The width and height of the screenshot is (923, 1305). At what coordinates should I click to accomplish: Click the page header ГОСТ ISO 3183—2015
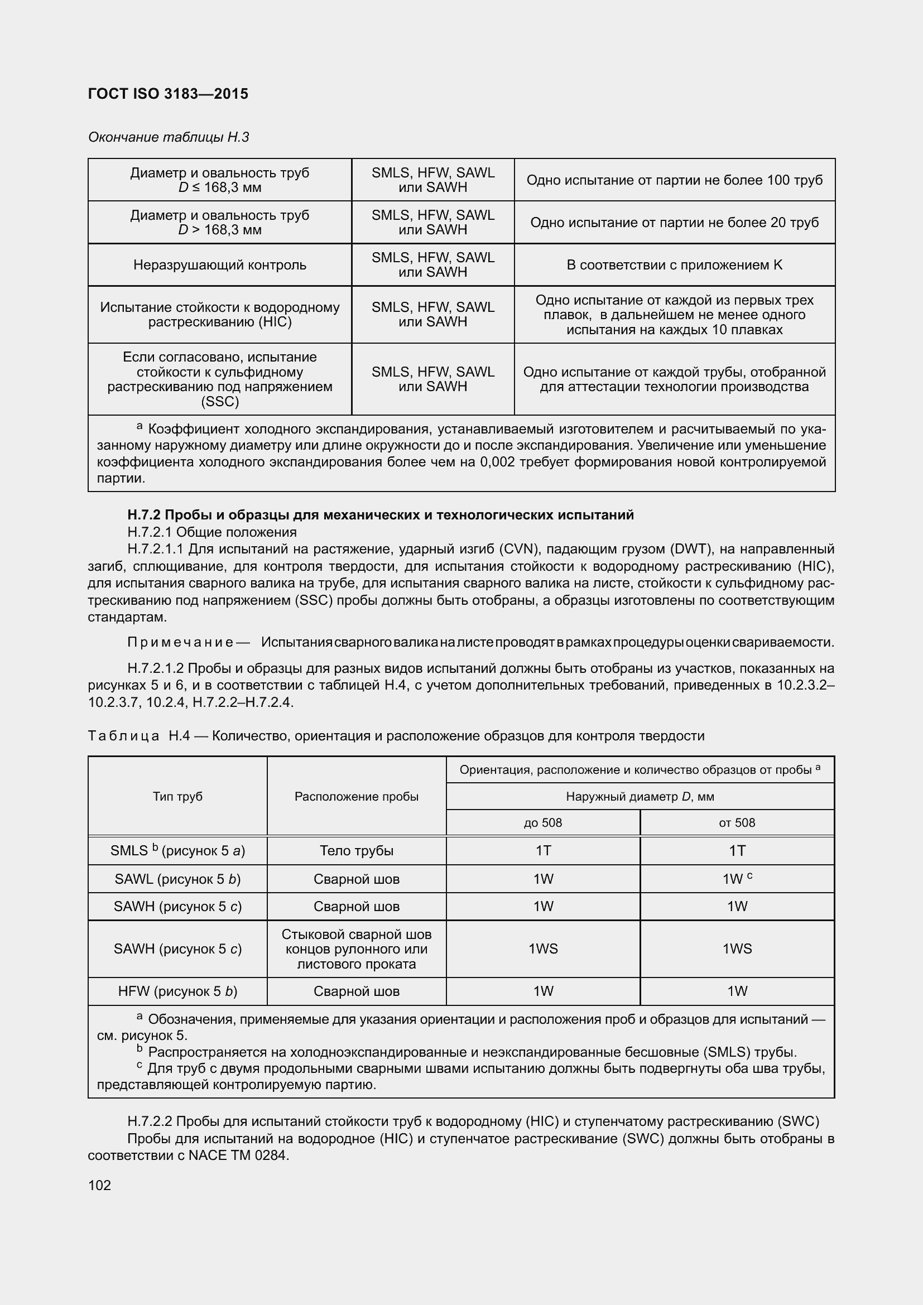pyautogui.click(x=168, y=94)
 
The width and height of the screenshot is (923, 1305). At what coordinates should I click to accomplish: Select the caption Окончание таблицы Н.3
pyautogui.click(x=168, y=137)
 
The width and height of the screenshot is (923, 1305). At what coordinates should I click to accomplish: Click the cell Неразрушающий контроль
pyautogui.click(x=219, y=265)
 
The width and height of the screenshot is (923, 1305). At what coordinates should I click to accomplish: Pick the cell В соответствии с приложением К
pyautogui.click(x=674, y=265)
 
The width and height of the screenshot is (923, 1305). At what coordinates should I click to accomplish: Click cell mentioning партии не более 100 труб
pyautogui.click(x=674, y=180)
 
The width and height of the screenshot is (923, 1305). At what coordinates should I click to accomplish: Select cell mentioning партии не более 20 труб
pyautogui.click(x=674, y=222)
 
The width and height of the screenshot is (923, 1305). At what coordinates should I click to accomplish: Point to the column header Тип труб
pyautogui.click(x=177, y=796)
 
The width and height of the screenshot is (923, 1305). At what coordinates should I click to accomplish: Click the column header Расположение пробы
pyautogui.click(x=357, y=796)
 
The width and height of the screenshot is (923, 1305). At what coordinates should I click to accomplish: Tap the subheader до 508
pyautogui.click(x=543, y=822)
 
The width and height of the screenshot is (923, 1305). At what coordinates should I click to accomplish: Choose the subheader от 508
pyautogui.click(x=737, y=822)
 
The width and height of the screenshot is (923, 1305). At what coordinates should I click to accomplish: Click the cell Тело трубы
pyautogui.click(x=357, y=851)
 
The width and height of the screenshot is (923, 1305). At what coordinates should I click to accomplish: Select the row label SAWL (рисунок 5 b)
pyautogui.click(x=177, y=879)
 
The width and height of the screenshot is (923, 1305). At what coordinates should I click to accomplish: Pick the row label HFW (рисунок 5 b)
pyautogui.click(x=177, y=991)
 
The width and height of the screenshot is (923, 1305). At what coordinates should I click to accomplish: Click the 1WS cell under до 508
pyautogui.click(x=543, y=948)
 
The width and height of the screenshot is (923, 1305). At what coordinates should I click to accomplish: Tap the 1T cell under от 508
pyautogui.click(x=737, y=851)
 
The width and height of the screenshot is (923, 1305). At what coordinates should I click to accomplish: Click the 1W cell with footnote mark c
pyautogui.click(x=737, y=879)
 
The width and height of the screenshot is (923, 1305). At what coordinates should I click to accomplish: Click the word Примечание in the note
pyautogui.click(x=180, y=643)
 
